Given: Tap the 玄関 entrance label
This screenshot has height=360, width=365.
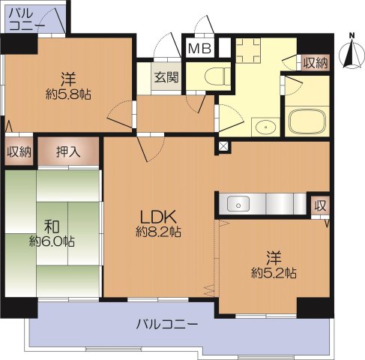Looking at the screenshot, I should click(x=166, y=76).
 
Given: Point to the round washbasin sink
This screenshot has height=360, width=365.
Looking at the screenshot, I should click(x=265, y=127).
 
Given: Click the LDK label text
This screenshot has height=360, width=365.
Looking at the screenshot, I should click(x=158, y=217).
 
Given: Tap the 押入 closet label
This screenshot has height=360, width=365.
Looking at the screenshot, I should click(x=69, y=152).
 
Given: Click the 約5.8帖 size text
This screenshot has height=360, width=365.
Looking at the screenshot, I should click(x=69, y=95).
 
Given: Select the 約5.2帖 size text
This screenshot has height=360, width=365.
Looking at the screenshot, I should click(x=274, y=272).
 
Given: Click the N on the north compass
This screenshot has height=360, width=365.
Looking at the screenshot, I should click(x=352, y=34).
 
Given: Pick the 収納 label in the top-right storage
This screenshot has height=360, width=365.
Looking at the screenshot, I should click(x=316, y=63).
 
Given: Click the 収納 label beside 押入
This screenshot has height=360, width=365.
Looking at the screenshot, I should click(x=19, y=152).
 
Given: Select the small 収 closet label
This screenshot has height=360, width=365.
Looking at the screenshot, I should click(x=320, y=205).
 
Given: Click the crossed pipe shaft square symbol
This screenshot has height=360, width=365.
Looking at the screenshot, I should click(x=223, y=145).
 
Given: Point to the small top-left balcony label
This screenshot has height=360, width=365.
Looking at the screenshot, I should click(x=27, y=19).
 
